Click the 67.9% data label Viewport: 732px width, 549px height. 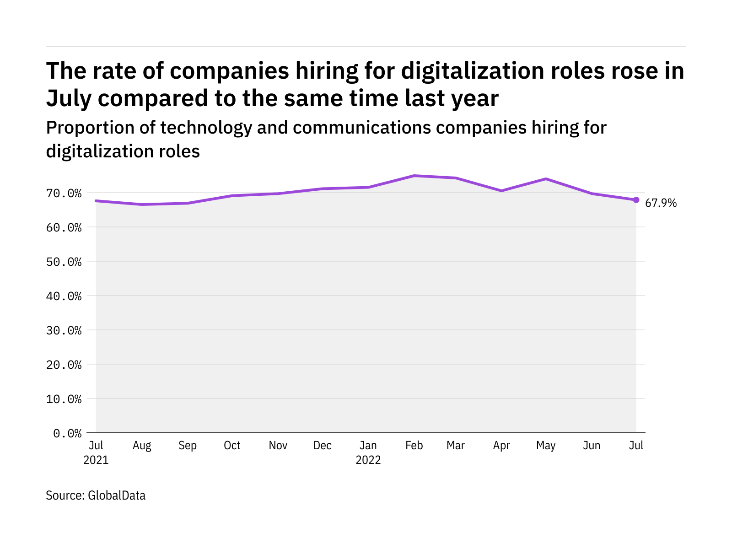660,203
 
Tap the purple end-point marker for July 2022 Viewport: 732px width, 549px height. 636,200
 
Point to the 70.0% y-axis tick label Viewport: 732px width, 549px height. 64,194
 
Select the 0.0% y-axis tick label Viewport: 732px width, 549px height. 67,433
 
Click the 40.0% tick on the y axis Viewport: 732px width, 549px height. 64,296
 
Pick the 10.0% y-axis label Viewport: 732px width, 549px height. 64,399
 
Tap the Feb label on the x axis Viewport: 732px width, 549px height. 414,445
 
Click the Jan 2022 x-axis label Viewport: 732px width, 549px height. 368,452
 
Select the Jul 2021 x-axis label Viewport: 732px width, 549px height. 96,452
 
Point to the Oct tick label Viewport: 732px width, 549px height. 232,445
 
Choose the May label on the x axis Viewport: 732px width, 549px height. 546,446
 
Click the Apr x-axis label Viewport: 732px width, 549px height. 501,446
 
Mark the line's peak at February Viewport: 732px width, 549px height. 414,176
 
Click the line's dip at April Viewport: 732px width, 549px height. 501,191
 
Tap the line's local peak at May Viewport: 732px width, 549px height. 546,179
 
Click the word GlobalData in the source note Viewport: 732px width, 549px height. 117,495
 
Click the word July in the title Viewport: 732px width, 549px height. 69,99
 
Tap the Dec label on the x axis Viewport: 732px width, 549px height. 323,445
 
